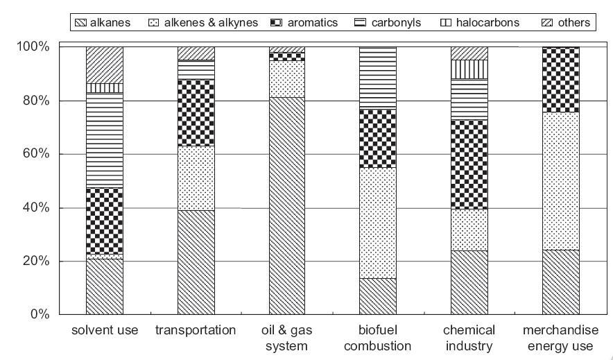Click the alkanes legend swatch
coord(82,23)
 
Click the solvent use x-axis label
coord(105,330)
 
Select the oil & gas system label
coord(286,338)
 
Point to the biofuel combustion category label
coord(377,338)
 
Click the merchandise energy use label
coord(560,338)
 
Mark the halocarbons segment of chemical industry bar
coord(469,69)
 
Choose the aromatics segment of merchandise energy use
coord(560,79)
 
